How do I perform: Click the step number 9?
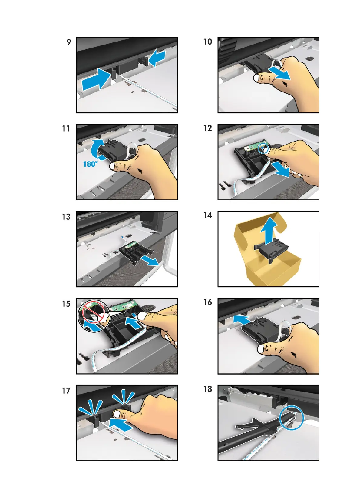(69, 42)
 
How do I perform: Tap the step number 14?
(208, 215)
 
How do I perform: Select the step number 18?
(208, 389)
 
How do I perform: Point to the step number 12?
(208, 128)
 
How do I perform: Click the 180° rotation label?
(91, 164)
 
